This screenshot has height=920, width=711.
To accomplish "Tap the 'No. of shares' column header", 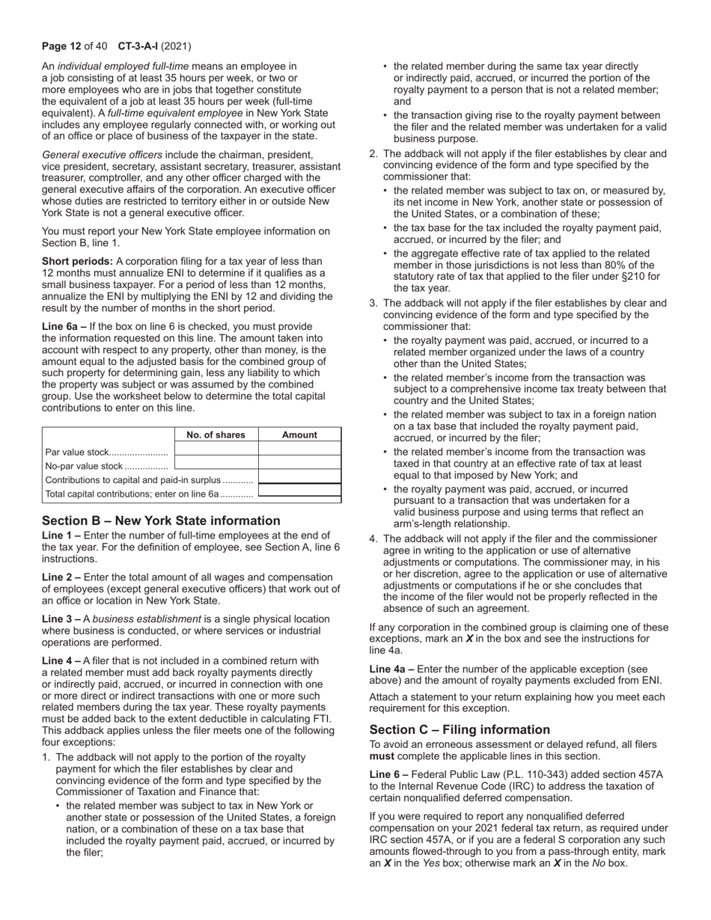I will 216,435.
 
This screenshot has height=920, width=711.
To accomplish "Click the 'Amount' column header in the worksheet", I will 299,435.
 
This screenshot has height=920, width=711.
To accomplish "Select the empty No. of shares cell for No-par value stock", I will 216,466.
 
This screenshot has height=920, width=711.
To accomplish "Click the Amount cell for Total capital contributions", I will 299,494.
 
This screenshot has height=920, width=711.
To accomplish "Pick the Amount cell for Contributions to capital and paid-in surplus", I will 299,479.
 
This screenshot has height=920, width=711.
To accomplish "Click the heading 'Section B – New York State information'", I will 161,521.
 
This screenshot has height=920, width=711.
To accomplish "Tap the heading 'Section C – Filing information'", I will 460,730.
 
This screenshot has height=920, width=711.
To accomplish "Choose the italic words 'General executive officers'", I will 102,155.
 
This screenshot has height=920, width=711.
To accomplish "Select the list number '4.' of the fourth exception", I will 374,539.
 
